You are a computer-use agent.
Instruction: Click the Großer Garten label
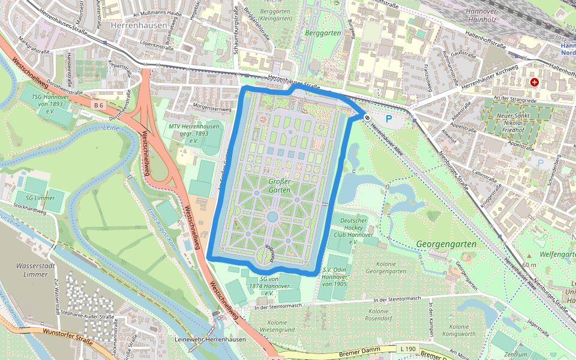(280, 185)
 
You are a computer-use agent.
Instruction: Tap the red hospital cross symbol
(534, 82)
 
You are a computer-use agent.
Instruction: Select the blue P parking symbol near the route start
(388, 119)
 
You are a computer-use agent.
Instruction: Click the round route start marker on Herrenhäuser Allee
(366, 118)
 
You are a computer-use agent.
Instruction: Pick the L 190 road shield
(408, 349)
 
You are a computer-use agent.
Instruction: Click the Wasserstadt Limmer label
(24, 269)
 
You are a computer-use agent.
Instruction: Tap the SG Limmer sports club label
(40, 198)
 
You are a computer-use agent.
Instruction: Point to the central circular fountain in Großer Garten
(272, 216)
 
